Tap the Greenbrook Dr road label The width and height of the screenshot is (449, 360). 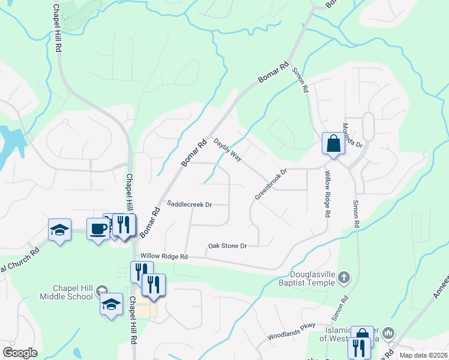point(271,184)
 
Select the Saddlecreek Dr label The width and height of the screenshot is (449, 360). point(190,205)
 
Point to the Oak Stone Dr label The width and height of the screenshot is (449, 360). point(228,246)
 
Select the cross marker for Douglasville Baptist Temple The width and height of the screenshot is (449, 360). point(343,277)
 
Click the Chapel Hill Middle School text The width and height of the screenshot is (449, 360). point(66,292)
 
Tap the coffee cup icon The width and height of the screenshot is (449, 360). point(98,228)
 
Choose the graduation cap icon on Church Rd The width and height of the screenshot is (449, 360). point(59,230)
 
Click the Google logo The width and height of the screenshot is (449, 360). point(20,353)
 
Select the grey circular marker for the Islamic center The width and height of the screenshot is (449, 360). point(388,332)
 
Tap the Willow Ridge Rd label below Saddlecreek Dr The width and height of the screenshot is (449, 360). point(164,256)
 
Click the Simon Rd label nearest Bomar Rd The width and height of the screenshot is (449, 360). point(301,79)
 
